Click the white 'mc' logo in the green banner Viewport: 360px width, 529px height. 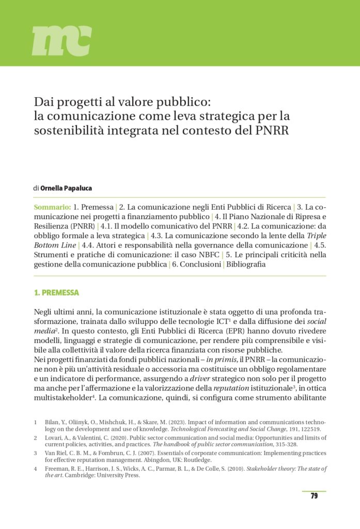click(x=61, y=41)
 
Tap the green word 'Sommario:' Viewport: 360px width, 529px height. click(x=52, y=207)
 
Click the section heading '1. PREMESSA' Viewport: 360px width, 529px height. click(x=56, y=293)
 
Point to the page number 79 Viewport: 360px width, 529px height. click(x=314, y=496)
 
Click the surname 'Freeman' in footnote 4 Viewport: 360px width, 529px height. click(x=57, y=468)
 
